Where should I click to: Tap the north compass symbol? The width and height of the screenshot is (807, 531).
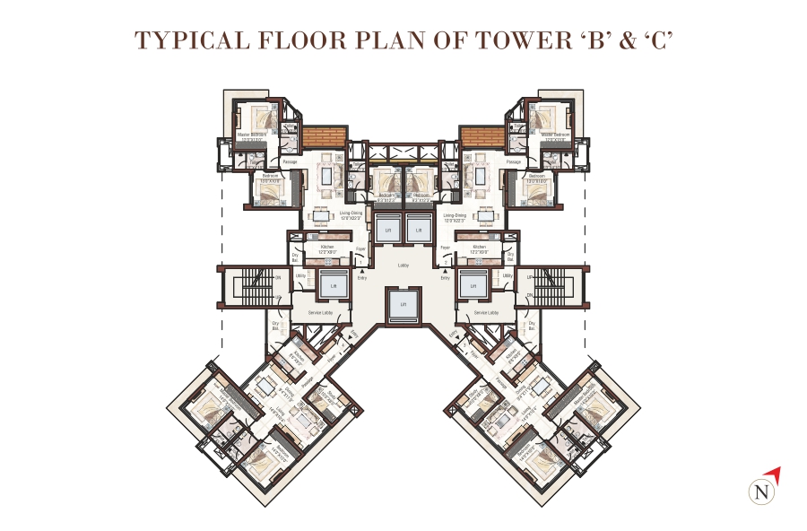click(762, 491)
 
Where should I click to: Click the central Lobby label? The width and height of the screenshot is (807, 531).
click(403, 265)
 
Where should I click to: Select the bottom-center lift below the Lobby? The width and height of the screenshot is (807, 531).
click(403, 305)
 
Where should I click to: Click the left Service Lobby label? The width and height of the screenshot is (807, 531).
click(321, 312)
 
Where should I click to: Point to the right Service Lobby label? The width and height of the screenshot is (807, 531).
click(486, 312)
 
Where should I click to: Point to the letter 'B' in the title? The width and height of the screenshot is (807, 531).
click(596, 40)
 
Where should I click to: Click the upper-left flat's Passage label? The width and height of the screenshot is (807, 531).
click(290, 162)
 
